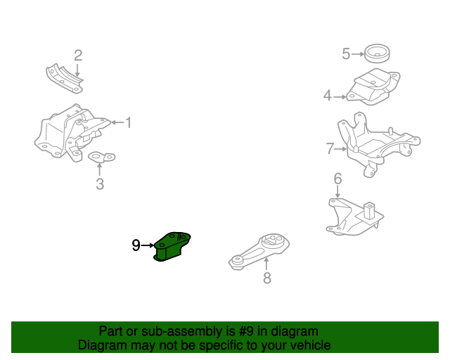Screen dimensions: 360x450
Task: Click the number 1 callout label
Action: [128, 123]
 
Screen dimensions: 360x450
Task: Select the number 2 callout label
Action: [78, 55]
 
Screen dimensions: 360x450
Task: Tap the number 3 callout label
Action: [100, 184]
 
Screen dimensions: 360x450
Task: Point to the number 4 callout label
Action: [327, 96]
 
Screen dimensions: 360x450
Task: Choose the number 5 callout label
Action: [346, 53]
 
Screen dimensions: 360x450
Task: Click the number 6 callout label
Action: [337, 179]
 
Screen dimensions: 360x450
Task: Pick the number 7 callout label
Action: [330, 148]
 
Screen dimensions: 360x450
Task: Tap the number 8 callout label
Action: [266, 278]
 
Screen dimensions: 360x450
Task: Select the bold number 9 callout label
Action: [136, 245]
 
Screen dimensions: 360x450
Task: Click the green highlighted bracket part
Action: [172, 246]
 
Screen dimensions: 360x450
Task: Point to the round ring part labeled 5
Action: [378, 53]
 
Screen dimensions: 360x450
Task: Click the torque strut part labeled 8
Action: [260, 252]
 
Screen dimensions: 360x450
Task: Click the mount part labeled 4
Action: [373, 89]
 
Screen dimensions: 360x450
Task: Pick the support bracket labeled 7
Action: [376, 144]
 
